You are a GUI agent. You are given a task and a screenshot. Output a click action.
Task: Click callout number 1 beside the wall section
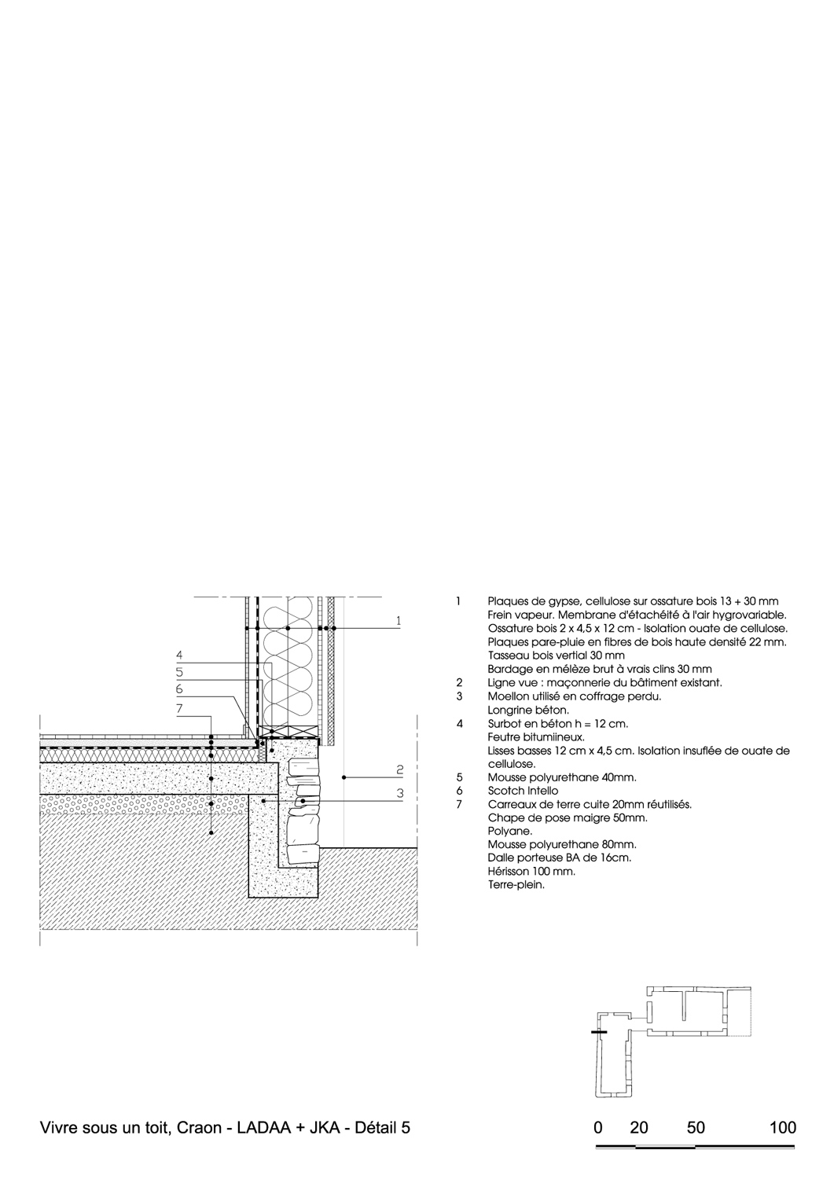[x=399, y=621]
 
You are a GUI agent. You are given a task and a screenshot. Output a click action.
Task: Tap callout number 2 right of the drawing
[x=400, y=770]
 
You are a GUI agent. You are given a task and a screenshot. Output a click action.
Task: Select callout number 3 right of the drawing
[x=400, y=793]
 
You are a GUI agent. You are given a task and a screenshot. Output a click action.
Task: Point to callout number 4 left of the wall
[x=179, y=656]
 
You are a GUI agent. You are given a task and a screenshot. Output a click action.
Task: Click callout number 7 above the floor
[x=179, y=709]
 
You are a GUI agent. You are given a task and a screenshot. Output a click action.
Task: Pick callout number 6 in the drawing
[x=179, y=689]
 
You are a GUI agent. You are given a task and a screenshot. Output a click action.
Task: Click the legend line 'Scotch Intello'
[x=523, y=791]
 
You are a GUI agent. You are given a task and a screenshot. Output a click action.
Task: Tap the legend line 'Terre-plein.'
[x=516, y=885]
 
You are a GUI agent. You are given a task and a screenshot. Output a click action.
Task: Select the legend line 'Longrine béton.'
[x=520, y=710]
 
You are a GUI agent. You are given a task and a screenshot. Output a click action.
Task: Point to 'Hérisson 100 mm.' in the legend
[x=531, y=871]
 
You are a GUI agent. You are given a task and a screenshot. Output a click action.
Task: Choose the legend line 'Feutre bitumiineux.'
[x=536, y=737]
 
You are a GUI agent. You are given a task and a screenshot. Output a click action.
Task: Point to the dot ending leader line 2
[x=344, y=777]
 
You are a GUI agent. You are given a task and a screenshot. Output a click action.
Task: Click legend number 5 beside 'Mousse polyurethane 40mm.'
[x=459, y=777]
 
